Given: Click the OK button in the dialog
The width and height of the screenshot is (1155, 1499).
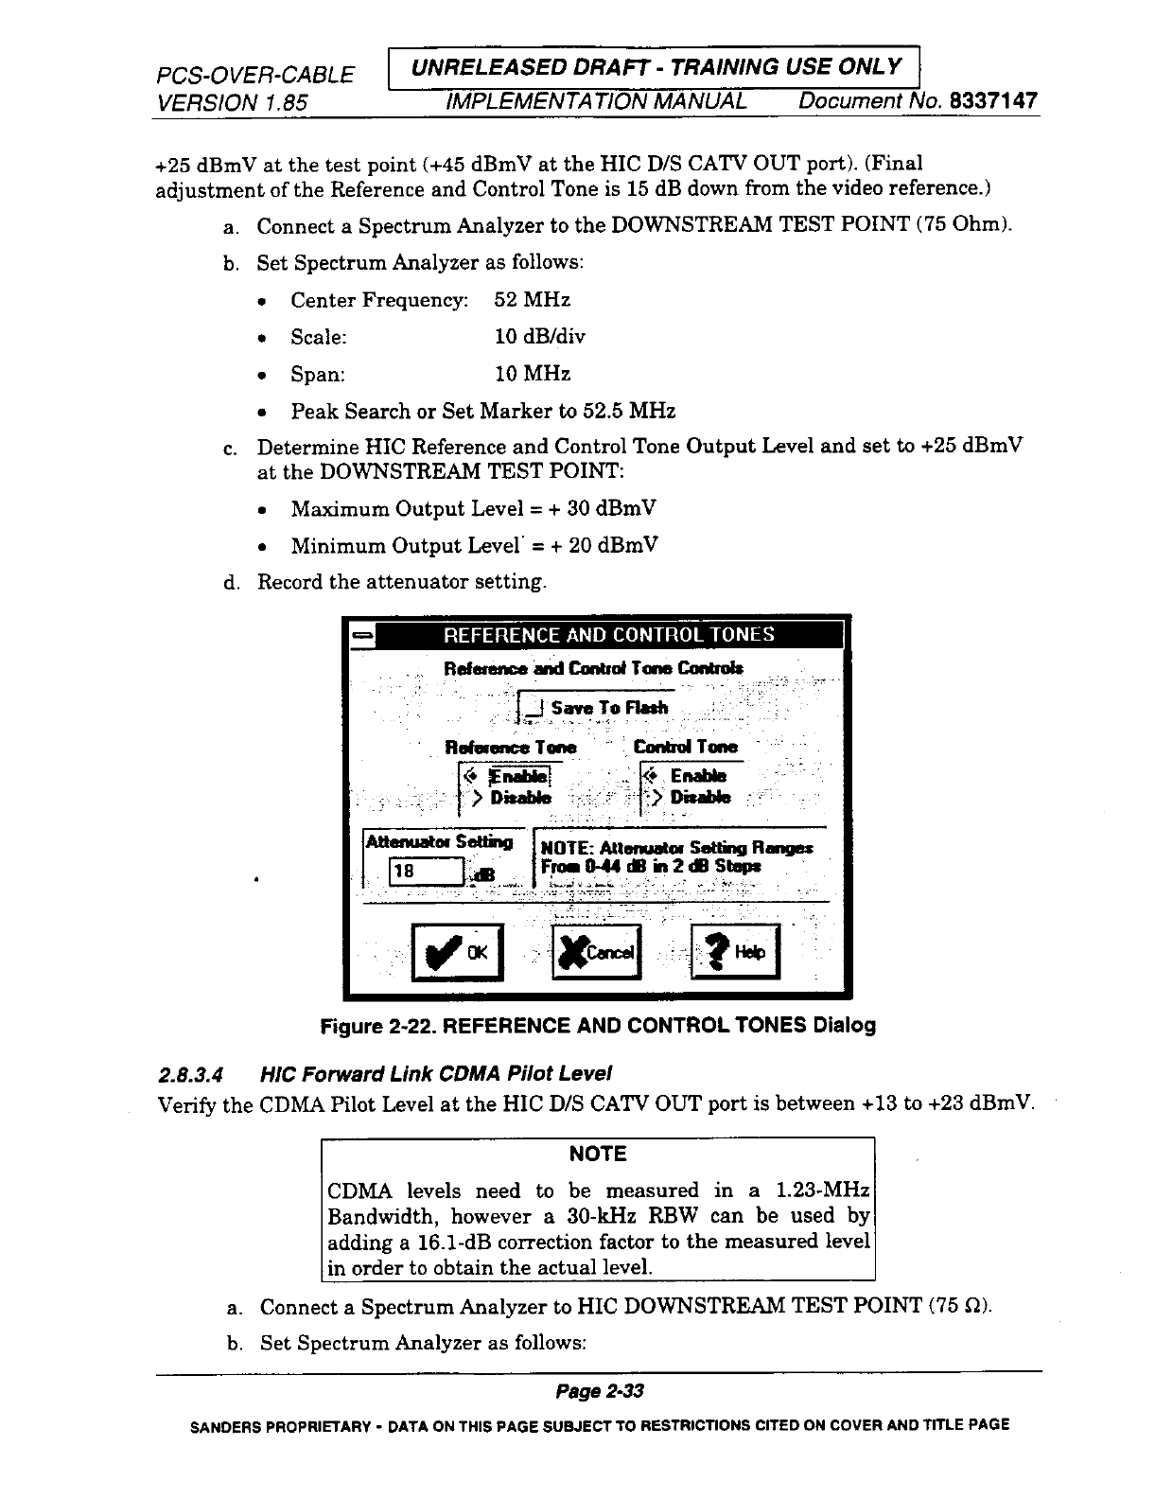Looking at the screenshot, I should coord(458,952).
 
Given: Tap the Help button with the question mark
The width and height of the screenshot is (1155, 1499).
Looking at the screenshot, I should coord(737,952).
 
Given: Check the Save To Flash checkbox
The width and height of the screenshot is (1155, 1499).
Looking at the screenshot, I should coord(534,708).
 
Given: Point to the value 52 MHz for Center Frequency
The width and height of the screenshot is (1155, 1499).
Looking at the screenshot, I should coord(533,300).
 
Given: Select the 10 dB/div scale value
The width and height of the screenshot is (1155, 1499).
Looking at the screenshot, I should coord(540,337).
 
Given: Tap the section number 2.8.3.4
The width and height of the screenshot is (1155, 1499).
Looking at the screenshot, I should coord(191,1073).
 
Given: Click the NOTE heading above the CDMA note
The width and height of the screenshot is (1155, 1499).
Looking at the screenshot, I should coord(598,1154).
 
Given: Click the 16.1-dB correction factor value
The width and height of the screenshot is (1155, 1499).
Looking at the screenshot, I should coord(446,1242).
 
